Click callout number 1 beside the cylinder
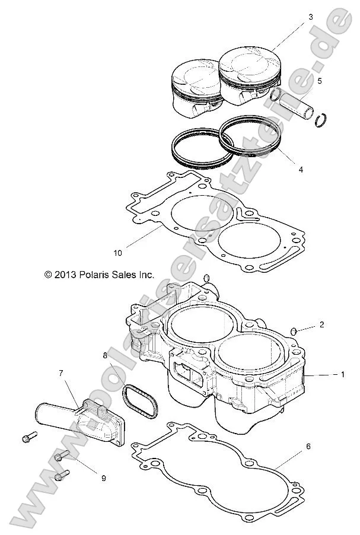coord(342,374)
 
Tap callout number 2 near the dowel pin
coord(321,324)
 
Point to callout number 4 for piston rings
coord(301,169)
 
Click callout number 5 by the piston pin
coord(319,81)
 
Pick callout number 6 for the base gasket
coord(307,445)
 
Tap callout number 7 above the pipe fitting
coord(60,373)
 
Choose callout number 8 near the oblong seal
coord(105,356)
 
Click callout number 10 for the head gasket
coord(118,253)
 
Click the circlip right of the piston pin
coord(322,119)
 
